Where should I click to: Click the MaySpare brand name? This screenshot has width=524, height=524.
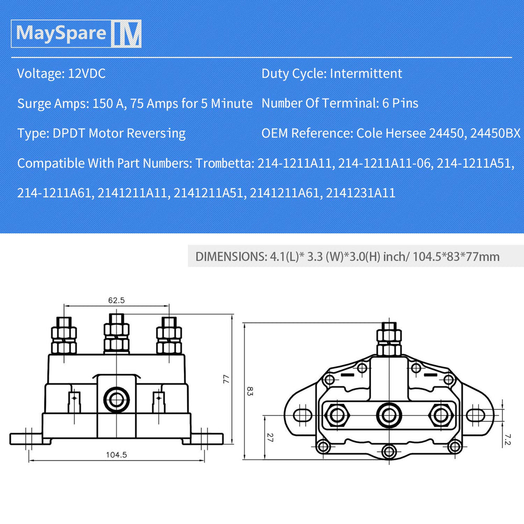click(x=61, y=33)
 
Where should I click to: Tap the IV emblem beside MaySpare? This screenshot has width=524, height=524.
click(x=126, y=34)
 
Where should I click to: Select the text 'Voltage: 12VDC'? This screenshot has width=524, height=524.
click(x=61, y=73)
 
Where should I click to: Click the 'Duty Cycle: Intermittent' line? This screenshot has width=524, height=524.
click(x=332, y=73)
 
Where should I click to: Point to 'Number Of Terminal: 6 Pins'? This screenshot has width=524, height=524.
click(x=340, y=103)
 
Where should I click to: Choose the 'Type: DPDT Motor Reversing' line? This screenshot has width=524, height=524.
click(x=101, y=133)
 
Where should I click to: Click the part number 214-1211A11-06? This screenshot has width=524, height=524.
click(x=385, y=163)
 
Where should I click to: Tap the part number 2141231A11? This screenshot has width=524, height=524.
click(x=361, y=193)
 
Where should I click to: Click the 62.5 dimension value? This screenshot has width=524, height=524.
click(x=116, y=301)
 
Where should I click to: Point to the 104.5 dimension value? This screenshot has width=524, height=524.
click(x=116, y=454)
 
